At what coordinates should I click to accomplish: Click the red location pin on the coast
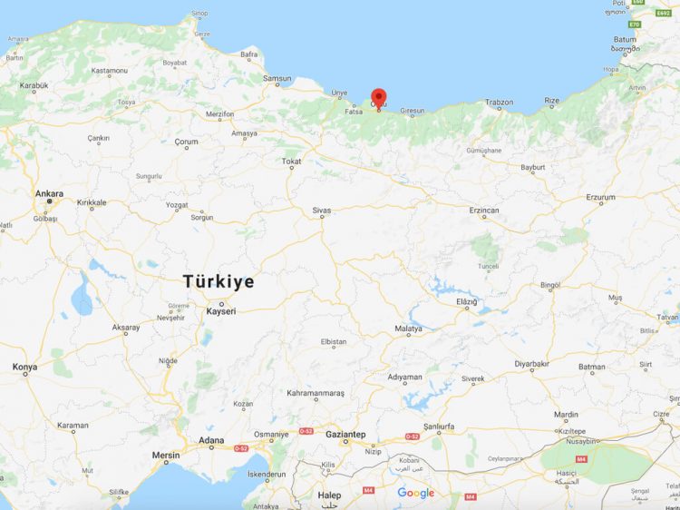pyautogui.click(x=379, y=99)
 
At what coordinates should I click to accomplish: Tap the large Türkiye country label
pyautogui.click(x=219, y=281)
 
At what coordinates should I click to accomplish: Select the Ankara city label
pyautogui.click(x=49, y=193)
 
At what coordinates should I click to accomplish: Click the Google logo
pyautogui.click(x=415, y=493)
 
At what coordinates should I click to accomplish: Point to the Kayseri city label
pyautogui.click(x=221, y=311)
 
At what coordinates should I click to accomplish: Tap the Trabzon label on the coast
pyautogui.click(x=499, y=103)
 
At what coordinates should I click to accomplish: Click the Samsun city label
pyautogui.click(x=277, y=78)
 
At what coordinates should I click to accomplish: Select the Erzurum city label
pyautogui.click(x=600, y=197)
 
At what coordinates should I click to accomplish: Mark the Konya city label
pyautogui.click(x=24, y=367)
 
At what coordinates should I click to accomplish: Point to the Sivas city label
pyautogui.click(x=321, y=211)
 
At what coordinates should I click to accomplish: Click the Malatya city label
pyautogui.click(x=408, y=328)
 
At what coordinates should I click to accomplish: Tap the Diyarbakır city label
pyautogui.click(x=532, y=364)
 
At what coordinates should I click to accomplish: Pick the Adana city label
pyautogui.click(x=211, y=441)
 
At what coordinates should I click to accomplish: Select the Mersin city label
pyautogui.click(x=166, y=455)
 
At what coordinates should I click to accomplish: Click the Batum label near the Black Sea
pyautogui.click(x=625, y=40)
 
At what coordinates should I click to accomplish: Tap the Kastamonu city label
pyautogui.click(x=109, y=70)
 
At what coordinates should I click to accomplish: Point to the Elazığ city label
pyautogui.click(x=466, y=301)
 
